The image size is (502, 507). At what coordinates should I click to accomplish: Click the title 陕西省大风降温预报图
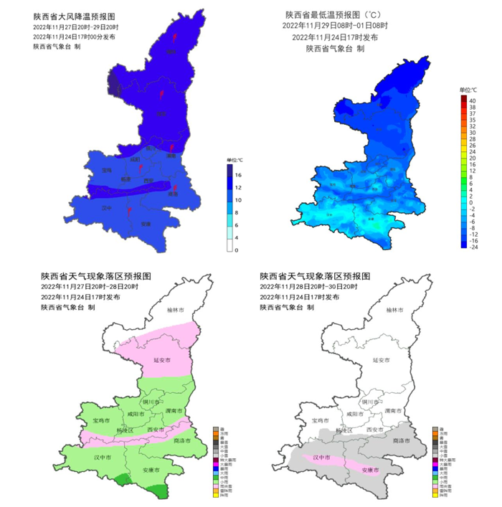73,16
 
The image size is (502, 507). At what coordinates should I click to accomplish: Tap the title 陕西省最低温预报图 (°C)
332,14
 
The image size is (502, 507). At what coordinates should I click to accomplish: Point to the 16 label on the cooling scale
237,174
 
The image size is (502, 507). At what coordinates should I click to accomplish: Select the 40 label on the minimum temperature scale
472,100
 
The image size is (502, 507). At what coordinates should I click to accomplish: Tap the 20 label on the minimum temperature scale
472,158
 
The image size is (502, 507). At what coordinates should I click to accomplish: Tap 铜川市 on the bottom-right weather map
376,402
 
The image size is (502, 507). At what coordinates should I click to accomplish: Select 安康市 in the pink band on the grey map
371,470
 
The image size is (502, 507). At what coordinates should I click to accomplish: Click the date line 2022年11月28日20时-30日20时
311,286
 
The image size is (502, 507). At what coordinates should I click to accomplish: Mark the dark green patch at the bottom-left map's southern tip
158,491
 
